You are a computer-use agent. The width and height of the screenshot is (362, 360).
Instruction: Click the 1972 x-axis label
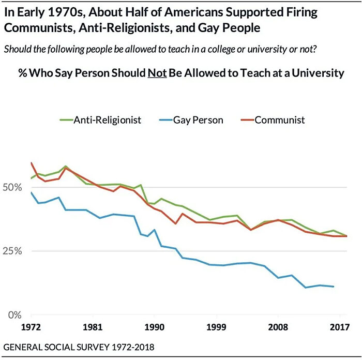(x=32, y=328)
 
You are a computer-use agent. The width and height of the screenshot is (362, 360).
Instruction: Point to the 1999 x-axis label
(x=216, y=328)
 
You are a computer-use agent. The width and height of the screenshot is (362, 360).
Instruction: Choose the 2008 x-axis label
(x=278, y=328)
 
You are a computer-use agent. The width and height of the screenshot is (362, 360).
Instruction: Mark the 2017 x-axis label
(x=339, y=328)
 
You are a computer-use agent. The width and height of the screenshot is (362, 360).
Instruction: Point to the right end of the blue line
(x=334, y=287)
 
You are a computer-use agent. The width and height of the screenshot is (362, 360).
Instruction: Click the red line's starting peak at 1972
(x=32, y=163)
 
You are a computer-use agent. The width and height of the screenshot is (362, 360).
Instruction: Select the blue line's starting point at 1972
(x=32, y=192)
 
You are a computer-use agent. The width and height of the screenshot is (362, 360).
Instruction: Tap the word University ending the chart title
(x=316, y=73)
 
